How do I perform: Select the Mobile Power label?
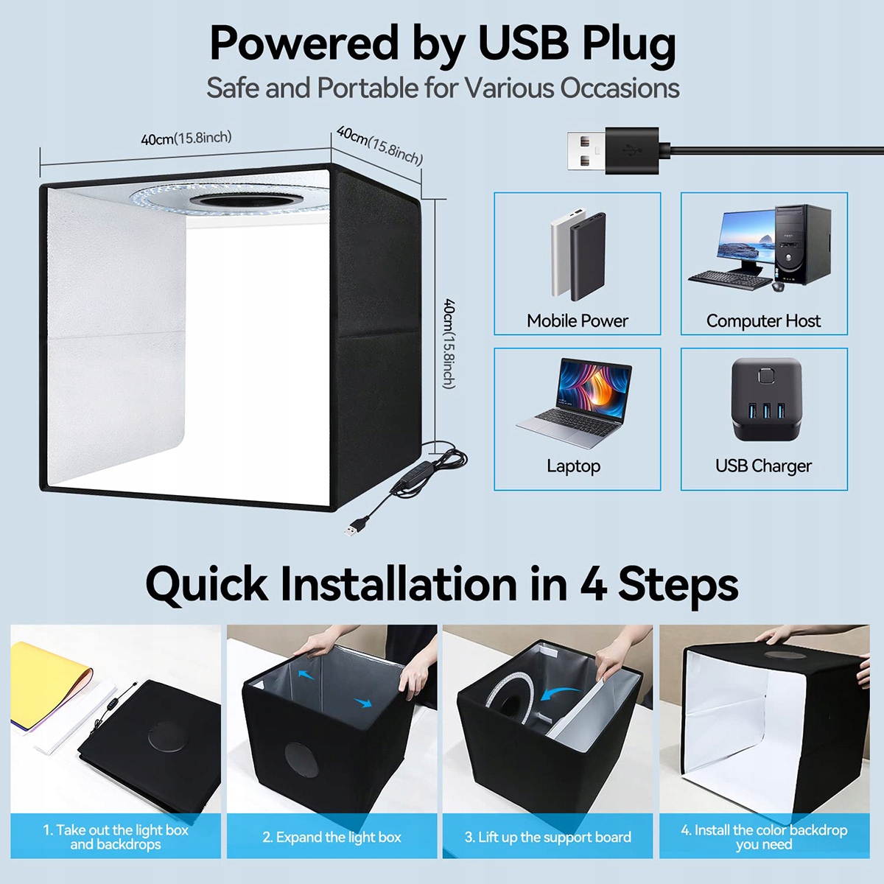click(578, 320)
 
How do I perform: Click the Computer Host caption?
click(763, 320)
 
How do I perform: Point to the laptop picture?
click(575, 403)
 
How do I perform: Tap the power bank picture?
click(578, 255)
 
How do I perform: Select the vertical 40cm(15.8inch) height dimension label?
click(449, 343)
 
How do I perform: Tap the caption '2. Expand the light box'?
click(331, 837)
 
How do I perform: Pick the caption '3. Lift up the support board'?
click(547, 837)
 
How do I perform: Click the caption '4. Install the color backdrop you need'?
click(764, 837)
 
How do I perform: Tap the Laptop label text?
click(573, 466)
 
